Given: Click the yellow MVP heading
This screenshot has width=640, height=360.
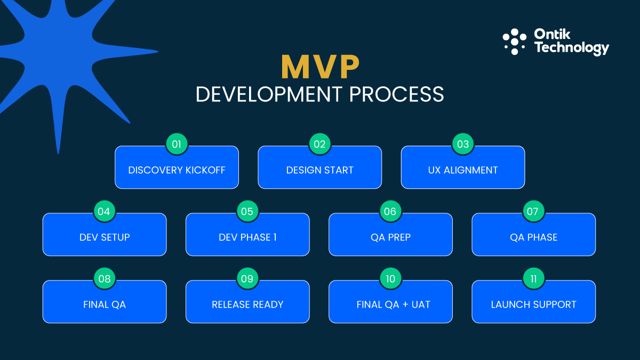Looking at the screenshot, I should tap(320, 67).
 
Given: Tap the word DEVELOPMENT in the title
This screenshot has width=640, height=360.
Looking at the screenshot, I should tap(269, 94).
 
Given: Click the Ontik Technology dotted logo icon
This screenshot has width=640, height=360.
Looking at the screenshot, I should tap(514, 42).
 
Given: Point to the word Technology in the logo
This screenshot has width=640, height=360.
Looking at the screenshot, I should tap(571, 48).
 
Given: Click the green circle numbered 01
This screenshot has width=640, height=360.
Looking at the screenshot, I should tap(177, 144).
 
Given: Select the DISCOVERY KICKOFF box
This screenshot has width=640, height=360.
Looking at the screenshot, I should tap(177, 170).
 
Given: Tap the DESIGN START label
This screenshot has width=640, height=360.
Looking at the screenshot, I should tap(319, 170).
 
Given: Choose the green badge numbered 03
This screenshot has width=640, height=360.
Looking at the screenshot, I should tap(463, 144).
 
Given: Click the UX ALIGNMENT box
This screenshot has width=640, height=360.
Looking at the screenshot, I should tap(462, 170).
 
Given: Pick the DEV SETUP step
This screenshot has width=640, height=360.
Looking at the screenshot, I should tap(105, 237).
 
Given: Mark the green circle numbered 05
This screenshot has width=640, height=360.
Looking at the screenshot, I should tap(247, 211).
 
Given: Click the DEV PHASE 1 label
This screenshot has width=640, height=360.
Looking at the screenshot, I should tap(247, 237).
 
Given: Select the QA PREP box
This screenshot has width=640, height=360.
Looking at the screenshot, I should tap(390, 237).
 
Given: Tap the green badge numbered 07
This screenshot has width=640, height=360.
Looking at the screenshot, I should tap(533, 211).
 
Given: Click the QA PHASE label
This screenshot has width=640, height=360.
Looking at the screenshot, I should tap(533, 237).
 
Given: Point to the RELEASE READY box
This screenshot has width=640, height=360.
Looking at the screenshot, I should tap(247, 305).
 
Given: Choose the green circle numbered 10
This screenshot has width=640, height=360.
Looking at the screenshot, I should tap(390, 278).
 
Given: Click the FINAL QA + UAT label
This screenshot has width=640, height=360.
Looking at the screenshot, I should tap(393, 305).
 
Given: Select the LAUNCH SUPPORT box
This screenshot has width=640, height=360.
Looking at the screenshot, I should tap(533, 305).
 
